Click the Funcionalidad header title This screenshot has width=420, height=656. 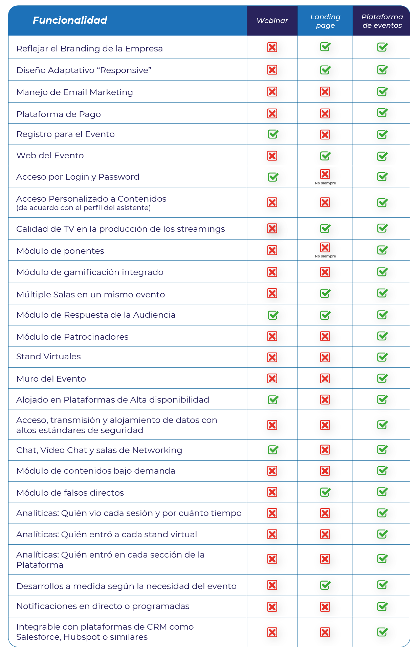click(x=70, y=20)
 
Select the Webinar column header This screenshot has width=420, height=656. click(x=272, y=21)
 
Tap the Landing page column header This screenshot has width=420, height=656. click(x=325, y=21)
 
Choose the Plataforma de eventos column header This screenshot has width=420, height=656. click(x=382, y=21)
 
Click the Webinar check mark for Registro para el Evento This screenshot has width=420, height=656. click(x=273, y=134)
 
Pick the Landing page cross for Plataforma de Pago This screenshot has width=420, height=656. click(x=325, y=113)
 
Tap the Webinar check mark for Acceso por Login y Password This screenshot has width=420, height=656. click(x=273, y=177)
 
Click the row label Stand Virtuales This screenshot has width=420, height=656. click(x=48, y=357)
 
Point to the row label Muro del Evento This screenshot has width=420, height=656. click(x=51, y=379)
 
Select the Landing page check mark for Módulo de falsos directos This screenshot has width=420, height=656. click(x=325, y=492)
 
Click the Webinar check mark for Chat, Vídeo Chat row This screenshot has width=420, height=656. click(x=273, y=450)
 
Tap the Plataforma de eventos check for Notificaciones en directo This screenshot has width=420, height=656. click(x=382, y=606)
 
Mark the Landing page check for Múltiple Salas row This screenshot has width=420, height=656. click(x=325, y=293)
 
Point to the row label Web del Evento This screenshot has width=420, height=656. click(x=50, y=156)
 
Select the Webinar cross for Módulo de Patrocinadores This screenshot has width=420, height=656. click(x=272, y=336)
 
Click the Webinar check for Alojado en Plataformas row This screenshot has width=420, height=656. click(x=273, y=400)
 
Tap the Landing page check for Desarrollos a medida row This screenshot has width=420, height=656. click(x=325, y=585)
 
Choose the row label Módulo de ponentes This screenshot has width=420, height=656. click(x=60, y=251)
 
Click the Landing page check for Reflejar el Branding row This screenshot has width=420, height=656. click(x=325, y=47)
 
